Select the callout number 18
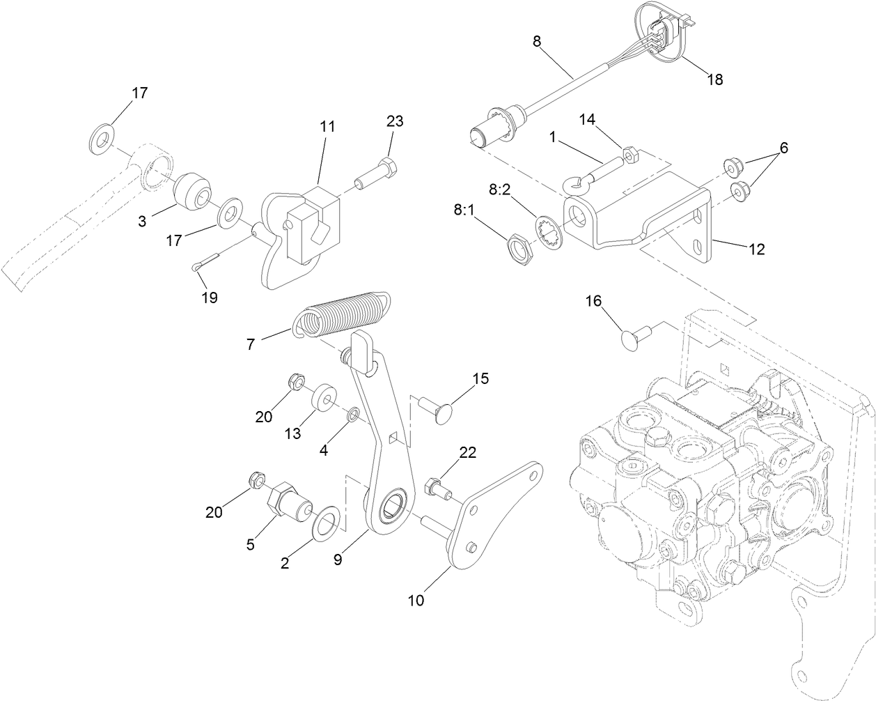click(x=715, y=79)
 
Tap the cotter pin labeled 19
click(x=205, y=264)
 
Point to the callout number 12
click(x=756, y=249)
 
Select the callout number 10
click(x=416, y=599)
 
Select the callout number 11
click(x=327, y=127)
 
